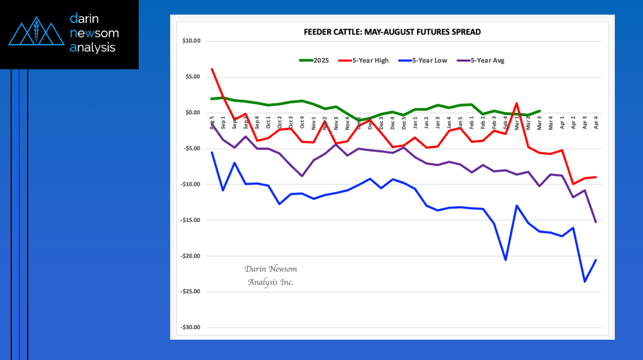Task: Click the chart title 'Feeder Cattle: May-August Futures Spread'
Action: (x=392, y=32)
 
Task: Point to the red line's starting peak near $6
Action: (x=212, y=69)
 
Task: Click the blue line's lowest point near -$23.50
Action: (x=584, y=281)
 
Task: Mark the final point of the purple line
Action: (x=596, y=222)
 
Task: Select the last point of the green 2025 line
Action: (x=539, y=111)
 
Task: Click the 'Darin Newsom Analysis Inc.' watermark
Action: (x=270, y=275)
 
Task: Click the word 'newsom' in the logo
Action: (x=94, y=33)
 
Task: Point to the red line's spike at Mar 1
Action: (x=517, y=104)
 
